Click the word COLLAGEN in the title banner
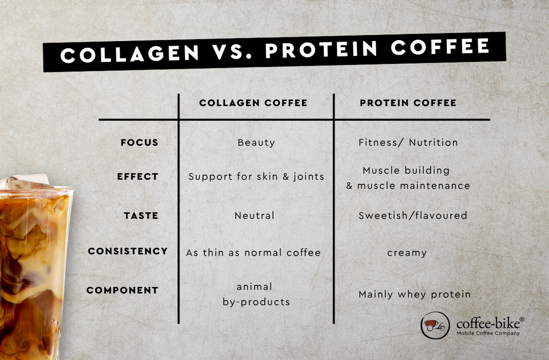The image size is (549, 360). (130, 54)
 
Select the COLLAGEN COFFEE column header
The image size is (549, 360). (253, 103)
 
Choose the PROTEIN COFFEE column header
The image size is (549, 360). (408, 103)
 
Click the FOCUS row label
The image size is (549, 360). (139, 143)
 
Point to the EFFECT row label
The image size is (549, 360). (137, 177)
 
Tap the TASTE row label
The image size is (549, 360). (141, 216)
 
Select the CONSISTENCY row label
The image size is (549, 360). (127, 251)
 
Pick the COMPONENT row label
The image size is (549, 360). (122, 290)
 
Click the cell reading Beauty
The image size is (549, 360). (256, 143)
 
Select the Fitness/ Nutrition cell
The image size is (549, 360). (408, 143)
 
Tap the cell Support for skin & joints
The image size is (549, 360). (256, 177)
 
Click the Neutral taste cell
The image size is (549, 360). (254, 216)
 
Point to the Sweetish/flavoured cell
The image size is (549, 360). (412, 216)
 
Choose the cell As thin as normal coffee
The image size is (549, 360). (253, 252)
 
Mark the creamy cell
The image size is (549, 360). (407, 252)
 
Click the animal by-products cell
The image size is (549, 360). (256, 294)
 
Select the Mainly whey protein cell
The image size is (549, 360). (414, 295)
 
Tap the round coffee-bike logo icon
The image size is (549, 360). (435, 325)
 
